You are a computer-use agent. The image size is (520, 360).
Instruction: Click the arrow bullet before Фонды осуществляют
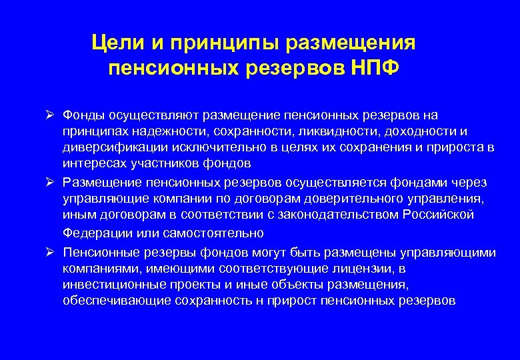point(50,115)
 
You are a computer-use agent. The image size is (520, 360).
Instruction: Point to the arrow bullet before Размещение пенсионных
point(50,182)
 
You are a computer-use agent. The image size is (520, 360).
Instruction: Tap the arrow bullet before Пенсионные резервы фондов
point(50,252)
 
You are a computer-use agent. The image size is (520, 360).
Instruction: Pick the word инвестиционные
point(107,285)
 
